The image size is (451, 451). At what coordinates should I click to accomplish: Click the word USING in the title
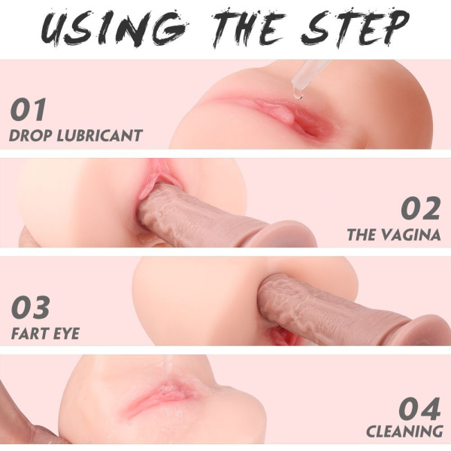point(109,28)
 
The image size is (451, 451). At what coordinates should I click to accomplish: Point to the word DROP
point(31,135)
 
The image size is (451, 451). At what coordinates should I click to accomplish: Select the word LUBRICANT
point(99,135)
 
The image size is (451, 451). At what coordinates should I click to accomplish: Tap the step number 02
point(420,208)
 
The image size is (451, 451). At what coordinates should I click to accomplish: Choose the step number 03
point(30,307)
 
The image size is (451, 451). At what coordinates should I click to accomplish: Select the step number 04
point(420,408)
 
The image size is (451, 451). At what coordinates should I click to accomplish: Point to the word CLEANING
point(404,432)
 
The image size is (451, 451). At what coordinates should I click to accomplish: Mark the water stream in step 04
point(169,365)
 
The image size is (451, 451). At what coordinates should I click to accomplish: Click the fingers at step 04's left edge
point(26,414)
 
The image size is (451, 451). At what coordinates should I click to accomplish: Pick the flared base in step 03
point(429,331)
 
